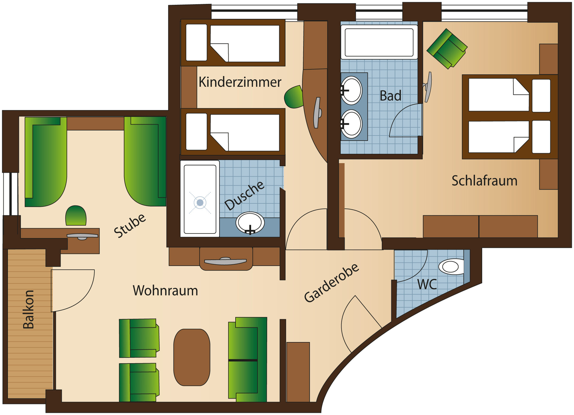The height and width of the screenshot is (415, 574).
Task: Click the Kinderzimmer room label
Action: point(240,82)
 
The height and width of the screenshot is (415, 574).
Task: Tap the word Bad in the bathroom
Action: point(390,96)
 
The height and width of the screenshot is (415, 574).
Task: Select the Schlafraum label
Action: point(484,181)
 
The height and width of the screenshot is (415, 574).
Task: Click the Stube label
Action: point(130,226)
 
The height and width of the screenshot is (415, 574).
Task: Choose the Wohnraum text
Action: point(165,291)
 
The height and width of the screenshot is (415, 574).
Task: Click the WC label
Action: point(427,284)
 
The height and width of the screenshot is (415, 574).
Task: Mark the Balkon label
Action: point(29,309)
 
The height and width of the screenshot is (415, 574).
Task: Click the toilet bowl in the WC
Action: point(451,266)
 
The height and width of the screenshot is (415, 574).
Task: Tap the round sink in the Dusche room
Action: point(250,222)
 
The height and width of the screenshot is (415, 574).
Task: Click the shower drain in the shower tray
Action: point(200,203)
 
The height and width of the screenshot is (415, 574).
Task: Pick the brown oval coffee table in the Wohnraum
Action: point(192,357)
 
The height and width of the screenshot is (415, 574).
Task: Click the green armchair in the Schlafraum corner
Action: point(447,48)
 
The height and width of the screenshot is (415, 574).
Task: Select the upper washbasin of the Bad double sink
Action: point(352,90)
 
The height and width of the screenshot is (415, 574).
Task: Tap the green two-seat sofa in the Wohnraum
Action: point(248,360)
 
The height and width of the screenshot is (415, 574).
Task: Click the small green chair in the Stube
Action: point(76,215)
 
